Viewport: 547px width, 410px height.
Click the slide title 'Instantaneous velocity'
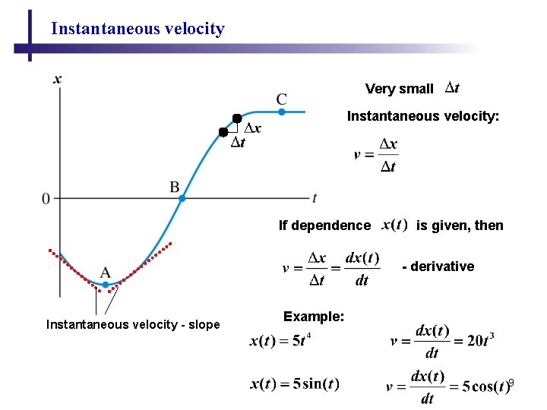tap(138, 30)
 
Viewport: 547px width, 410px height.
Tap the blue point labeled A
tap(106, 285)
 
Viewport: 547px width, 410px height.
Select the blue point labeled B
tap(182, 198)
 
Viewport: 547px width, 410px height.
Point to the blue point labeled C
tap(281, 112)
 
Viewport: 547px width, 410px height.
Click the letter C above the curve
tap(282, 99)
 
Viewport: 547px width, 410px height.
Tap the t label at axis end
tap(315, 198)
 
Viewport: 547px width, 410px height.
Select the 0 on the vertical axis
tap(46, 199)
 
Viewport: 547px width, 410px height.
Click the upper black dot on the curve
tap(237, 118)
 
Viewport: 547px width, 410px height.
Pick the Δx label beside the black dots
tap(253, 128)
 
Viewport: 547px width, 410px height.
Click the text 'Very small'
tap(399, 89)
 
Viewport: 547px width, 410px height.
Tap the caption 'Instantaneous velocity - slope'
tap(133, 325)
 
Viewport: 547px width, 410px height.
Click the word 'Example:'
tap(313, 316)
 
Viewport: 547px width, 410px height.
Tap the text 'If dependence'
tap(324, 225)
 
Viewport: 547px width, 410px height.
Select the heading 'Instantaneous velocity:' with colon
tap(423, 116)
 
